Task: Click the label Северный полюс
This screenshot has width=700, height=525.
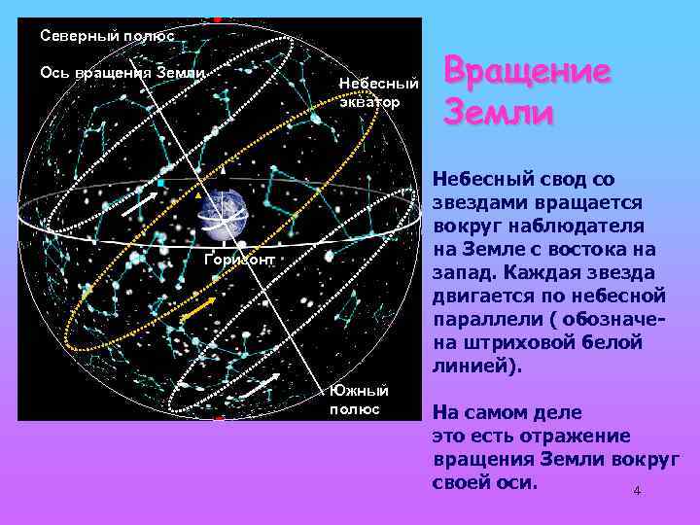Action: tap(107, 36)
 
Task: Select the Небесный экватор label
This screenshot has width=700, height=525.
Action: tap(378, 91)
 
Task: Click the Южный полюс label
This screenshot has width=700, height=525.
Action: tap(359, 399)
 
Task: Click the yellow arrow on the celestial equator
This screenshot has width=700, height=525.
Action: tap(198, 310)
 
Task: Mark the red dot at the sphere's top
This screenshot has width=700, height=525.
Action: tap(218, 19)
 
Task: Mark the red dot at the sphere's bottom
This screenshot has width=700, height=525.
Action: tap(220, 419)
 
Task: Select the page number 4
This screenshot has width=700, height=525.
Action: tap(637, 491)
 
